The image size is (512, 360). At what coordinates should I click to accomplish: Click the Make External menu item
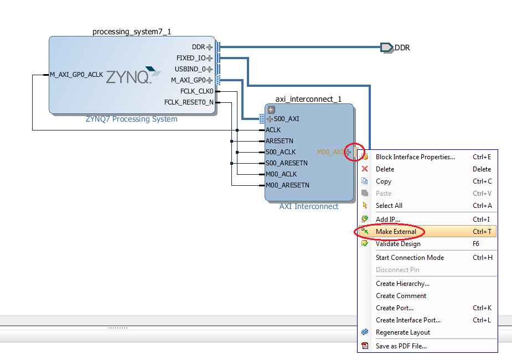click(396, 232)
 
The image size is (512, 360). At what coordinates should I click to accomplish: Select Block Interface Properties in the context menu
click(415, 157)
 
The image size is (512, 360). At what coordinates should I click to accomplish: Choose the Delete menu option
click(385, 169)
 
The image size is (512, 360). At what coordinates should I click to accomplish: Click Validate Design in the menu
click(398, 244)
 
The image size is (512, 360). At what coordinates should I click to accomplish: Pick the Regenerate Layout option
click(402, 332)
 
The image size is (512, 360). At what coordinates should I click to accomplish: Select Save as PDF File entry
click(401, 346)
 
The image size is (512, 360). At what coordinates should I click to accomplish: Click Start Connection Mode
click(410, 258)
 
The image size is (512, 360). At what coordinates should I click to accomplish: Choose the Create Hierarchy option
click(402, 284)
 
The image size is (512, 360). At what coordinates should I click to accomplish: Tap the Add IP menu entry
click(387, 220)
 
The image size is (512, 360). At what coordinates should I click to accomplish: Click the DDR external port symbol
click(387, 48)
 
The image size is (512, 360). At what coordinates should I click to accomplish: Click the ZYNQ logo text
click(128, 77)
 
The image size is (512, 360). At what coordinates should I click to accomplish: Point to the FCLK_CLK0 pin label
click(196, 91)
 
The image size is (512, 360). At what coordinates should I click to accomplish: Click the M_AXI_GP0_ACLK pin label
click(76, 75)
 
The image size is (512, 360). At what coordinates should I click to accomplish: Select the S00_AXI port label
click(286, 119)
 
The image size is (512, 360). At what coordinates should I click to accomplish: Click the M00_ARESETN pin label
click(287, 185)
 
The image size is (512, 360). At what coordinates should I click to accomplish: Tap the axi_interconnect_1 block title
click(308, 99)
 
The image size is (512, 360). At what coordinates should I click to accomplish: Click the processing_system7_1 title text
click(132, 32)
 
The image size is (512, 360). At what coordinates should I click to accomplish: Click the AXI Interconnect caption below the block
click(308, 206)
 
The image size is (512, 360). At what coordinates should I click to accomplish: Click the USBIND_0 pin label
click(190, 69)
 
